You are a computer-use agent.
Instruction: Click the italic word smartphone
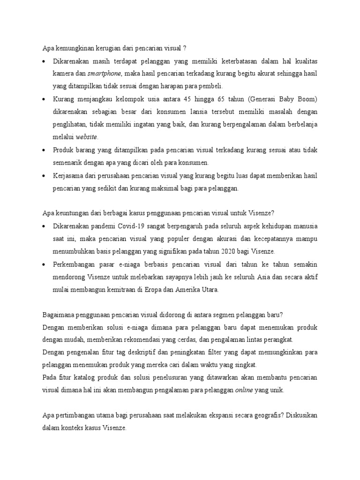(105, 74)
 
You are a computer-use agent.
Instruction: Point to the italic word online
(244, 390)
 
